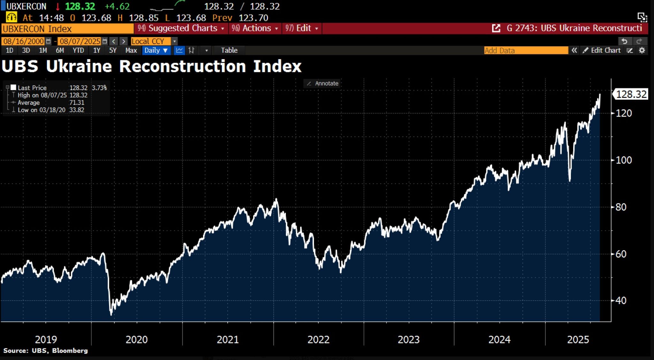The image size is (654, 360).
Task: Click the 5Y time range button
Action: click(113, 50)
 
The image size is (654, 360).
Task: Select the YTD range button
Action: click(78, 50)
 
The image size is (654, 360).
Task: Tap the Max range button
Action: click(131, 50)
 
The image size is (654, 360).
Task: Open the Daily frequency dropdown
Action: click(156, 50)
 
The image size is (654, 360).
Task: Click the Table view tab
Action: click(229, 50)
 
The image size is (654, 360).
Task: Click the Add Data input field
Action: click(525, 50)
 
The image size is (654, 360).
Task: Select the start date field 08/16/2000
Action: click(23, 41)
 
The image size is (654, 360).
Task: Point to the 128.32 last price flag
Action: click(631, 94)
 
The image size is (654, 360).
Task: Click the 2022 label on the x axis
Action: click(318, 339)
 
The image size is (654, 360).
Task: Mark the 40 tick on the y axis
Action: click(621, 301)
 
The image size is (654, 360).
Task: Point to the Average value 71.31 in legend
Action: click(77, 103)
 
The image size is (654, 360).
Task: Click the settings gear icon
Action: click(642, 50)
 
